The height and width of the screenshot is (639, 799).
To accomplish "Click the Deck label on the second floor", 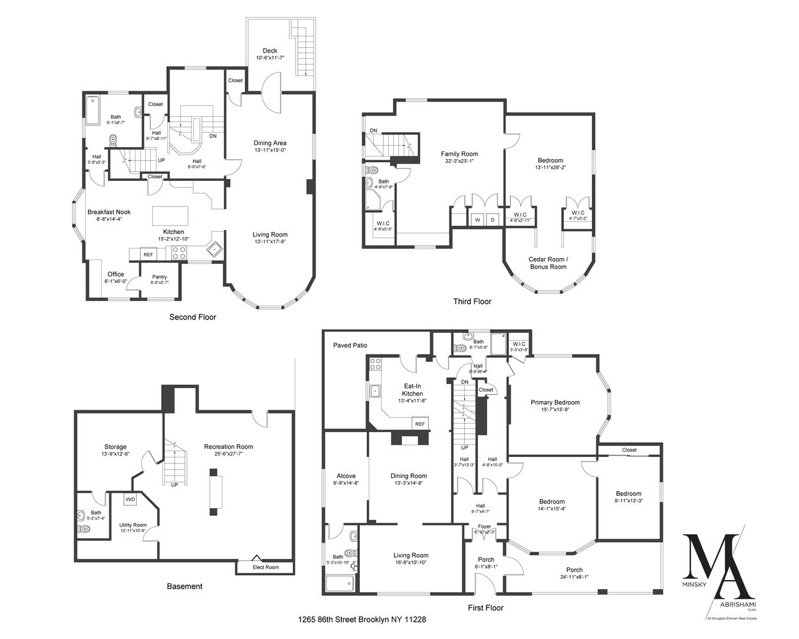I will pyautogui.click(x=270, y=51).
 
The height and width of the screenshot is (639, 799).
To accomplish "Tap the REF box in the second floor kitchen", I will pyautogui.click(x=148, y=254).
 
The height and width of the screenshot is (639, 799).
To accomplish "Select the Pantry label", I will pyautogui.click(x=159, y=277).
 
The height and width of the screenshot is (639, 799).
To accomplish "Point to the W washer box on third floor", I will pyautogui.click(x=476, y=219).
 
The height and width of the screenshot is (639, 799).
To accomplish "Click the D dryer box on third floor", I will pyautogui.click(x=492, y=219).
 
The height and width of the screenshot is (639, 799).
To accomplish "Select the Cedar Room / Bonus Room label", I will pyautogui.click(x=548, y=263).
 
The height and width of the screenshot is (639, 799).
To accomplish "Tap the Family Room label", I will pyautogui.click(x=459, y=153).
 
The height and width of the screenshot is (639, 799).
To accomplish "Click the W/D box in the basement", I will pyautogui.click(x=130, y=499).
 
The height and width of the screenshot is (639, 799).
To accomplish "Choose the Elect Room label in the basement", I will pyautogui.click(x=266, y=567).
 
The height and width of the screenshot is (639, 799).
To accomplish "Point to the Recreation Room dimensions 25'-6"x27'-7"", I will pyautogui.click(x=228, y=454).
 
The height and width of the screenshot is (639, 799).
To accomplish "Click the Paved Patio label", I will pyautogui.click(x=350, y=345).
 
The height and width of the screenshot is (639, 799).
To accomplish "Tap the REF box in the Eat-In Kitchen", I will pyautogui.click(x=420, y=424).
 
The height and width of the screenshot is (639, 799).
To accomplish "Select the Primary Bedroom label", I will pyautogui.click(x=555, y=403).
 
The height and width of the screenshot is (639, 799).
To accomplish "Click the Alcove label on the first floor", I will pyautogui.click(x=345, y=476).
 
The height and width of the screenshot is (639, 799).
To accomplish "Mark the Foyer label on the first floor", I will pyautogui.click(x=485, y=527).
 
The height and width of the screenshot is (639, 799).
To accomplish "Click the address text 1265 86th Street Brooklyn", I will pyautogui.click(x=362, y=619).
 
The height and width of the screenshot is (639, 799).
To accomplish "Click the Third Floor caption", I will pyautogui.click(x=472, y=302).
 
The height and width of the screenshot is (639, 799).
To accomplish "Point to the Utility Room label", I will pyautogui.click(x=133, y=525).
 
